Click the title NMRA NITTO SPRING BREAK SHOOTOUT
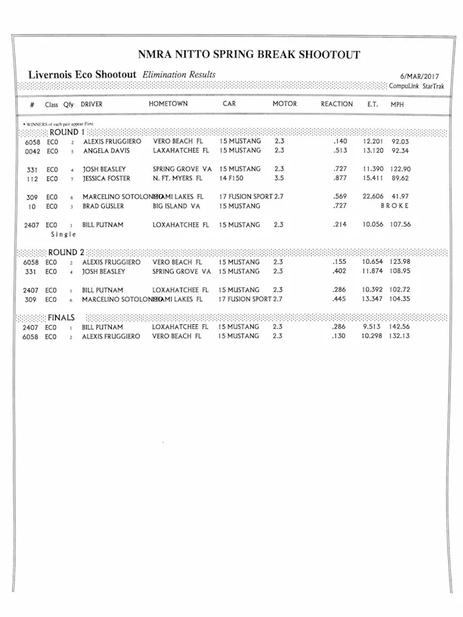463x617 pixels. [249, 55]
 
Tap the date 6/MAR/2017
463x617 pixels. [419, 77]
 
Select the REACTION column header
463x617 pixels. [336, 104]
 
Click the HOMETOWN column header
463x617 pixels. [168, 104]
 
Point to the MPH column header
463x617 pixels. [397, 105]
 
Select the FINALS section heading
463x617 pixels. [61, 317]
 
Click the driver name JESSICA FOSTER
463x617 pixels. [106, 178]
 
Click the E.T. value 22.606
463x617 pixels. [373, 196]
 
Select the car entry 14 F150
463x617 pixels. [232, 178]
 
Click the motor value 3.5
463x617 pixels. [279, 178]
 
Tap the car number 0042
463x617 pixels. [32, 151]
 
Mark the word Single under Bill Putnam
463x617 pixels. [64, 234]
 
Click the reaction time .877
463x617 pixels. [339, 178]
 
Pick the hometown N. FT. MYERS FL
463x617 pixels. [178, 178]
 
